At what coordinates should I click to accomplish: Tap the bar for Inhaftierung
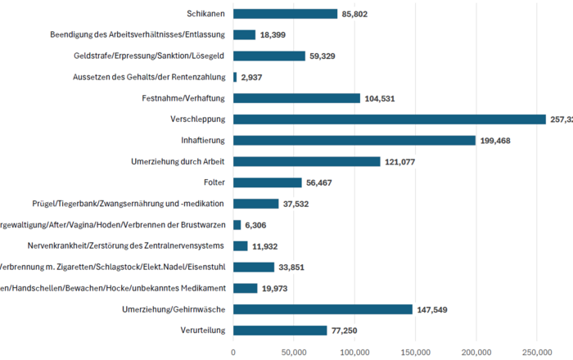point(354,141)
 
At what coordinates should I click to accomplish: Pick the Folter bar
point(268,182)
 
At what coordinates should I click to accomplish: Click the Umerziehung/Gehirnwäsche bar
point(323,309)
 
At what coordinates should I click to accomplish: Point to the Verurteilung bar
point(280,331)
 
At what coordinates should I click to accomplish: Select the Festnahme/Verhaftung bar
point(296,98)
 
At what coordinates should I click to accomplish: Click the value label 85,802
point(360,14)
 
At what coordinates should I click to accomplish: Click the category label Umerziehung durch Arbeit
point(178,161)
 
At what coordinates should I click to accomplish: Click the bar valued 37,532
point(255,204)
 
